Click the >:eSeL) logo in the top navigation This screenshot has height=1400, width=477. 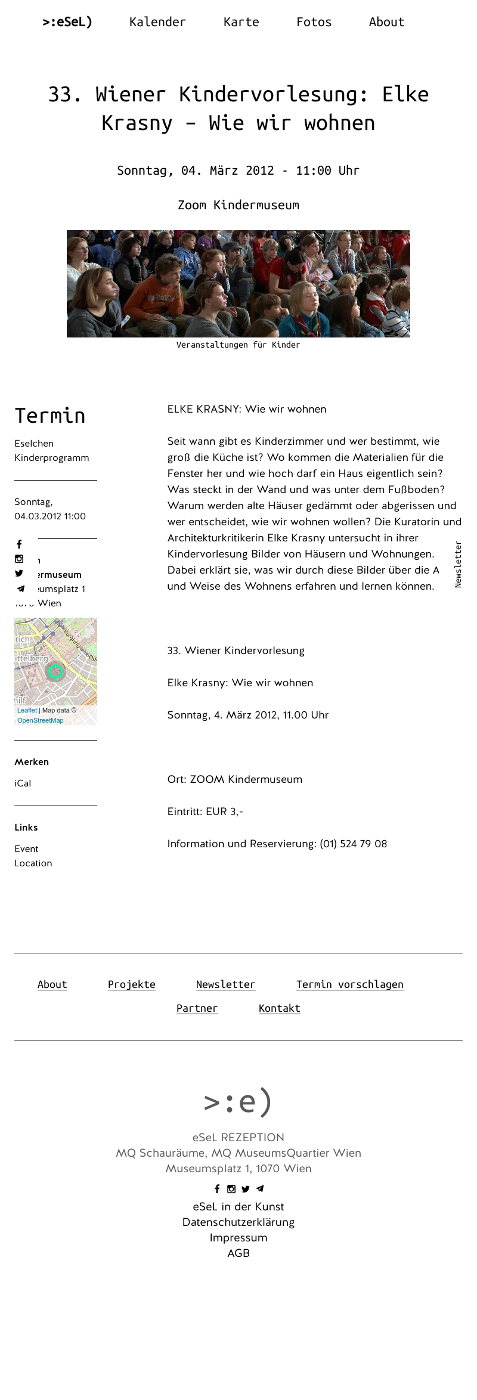click(x=67, y=22)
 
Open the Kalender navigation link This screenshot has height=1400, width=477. click(x=157, y=22)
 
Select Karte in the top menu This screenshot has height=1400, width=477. click(x=241, y=22)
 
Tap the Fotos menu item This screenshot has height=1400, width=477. click(x=314, y=22)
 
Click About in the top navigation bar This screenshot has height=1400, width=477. click(x=386, y=22)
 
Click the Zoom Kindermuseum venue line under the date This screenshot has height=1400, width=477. click(x=238, y=205)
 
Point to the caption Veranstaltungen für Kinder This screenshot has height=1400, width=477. click(x=238, y=345)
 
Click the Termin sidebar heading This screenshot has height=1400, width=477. click(x=50, y=416)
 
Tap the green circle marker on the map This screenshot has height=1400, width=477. click(x=55, y=671)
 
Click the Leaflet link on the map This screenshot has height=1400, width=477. click(x=27, y=710)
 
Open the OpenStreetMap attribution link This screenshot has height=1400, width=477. click(x=40, y=720)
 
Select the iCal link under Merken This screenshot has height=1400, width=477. click(x=23, y=783)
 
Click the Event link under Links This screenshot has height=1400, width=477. click(x=26, y=849)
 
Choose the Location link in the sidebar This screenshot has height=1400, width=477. click(x=33, y=863)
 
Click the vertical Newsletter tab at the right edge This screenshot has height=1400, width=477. click(x=458, y=564)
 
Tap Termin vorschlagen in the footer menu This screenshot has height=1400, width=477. click(x=349, y=984)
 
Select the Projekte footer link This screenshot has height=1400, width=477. click(x=131, y=984)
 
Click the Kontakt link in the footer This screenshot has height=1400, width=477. click(x=279, y=1008)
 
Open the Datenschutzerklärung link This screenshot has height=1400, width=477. click(x=238, y=1222)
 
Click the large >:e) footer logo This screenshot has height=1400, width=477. click(x=238, y=1101)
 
